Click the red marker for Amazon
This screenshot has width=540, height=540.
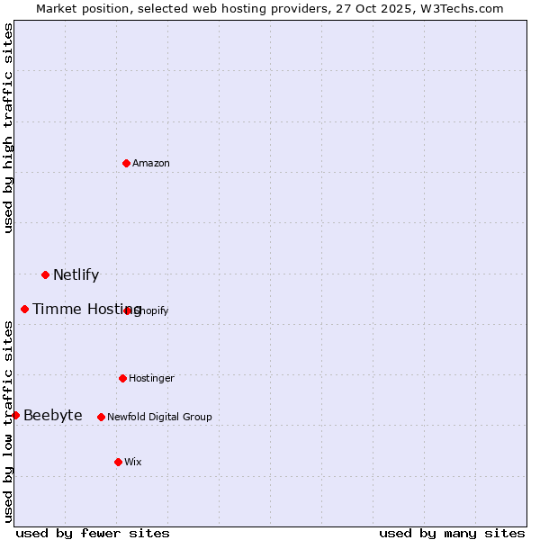(x=127, y=163)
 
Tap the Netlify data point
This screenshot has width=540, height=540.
(x=45, y=274)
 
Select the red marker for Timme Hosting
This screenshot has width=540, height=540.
(x=24, y=310)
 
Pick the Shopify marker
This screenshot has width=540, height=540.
(x=128, y=310)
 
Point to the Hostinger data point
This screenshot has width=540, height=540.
(x=122, y=378)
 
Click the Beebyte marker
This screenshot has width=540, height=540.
(x=15, y=415)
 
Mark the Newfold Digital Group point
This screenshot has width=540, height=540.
(x=101, y=417)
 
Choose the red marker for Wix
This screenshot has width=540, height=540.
(x=118, y=462)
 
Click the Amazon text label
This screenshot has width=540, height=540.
(x=151, y=163)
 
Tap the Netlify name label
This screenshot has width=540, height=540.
(x=76, y=275)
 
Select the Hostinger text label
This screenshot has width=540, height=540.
(x=151, y=378)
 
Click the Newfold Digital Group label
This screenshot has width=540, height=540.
(x=159, y=417)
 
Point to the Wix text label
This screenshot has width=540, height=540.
(x=133, y=462)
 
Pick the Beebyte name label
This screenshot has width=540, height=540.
(x=52, y=415)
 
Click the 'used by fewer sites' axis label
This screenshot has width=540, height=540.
(x=93, y=533)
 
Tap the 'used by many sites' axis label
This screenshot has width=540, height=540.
(x=452, y=533)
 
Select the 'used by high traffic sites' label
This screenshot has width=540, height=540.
(x=9, y=129)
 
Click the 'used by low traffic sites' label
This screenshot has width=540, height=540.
(x=9, y=421)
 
